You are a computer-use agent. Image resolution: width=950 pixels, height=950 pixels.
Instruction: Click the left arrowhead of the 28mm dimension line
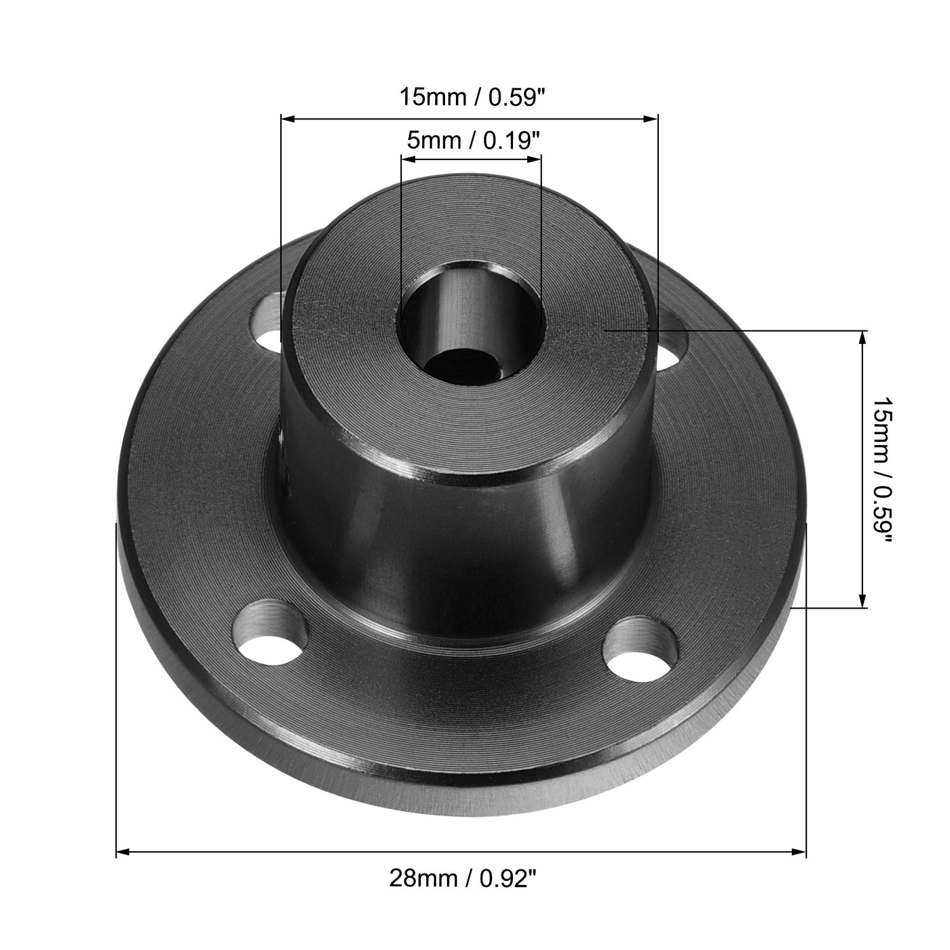pyautogui.click(x=123, y=851)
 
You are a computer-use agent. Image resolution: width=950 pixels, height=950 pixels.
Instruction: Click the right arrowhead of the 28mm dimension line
pyautogui.click(x=800, y=851)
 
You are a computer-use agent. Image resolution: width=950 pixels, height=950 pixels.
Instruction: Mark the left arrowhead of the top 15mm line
pyautogui.click(x=288, y=119)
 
